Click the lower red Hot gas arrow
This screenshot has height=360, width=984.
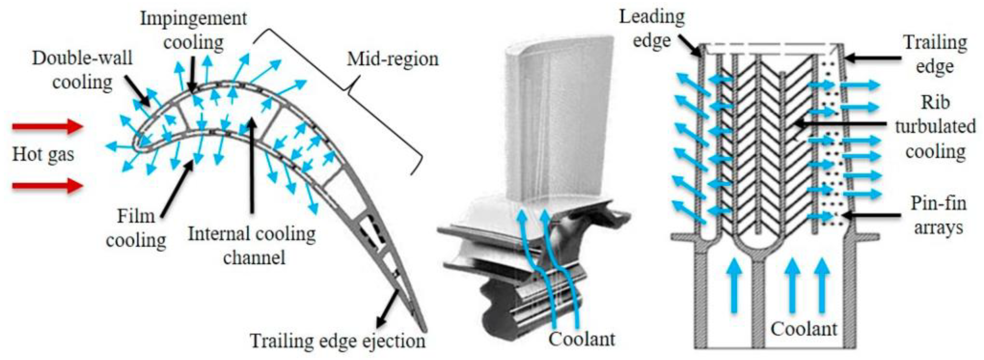pyautogui.click(x=48, y=186)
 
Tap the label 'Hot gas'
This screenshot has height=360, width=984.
pyautogui.click(x=43, y=155)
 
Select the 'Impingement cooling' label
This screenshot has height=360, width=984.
pyautogui.click(x=194, y=31)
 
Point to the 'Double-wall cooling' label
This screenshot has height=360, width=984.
pyautogui.click(x=82, y=70)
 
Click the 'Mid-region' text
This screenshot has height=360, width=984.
pyautogui.click(x=393, y=59)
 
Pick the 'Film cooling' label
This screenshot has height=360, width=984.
pyautogui.click(x=136, y=228)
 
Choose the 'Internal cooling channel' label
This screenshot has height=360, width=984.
pyautogui.click(x=252, y=245)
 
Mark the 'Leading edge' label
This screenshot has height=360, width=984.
pyautogui.click(x=652, y=29)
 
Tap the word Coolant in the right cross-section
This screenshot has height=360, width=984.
pyautogui.click(x=804, y=329)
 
